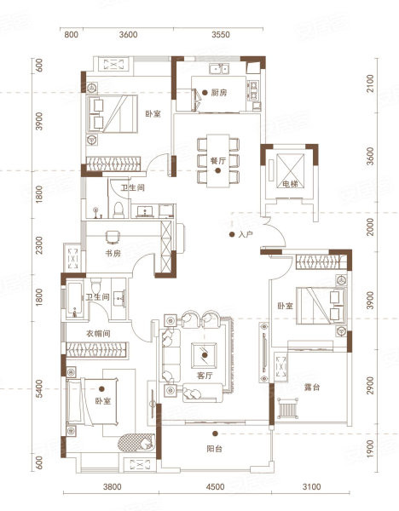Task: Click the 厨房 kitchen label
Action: [x=218, y=93]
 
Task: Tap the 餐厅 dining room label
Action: [x=218, y=161]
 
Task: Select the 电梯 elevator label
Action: [x=291, y=184]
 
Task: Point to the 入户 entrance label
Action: [x=246, y=234]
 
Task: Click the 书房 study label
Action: [x=113, y=253]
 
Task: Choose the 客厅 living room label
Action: [x=205, y=376]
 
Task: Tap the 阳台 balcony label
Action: [x=214, y=449]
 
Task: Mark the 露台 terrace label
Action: [x=312, y=388]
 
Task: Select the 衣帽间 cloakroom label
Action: [x=98, y=333]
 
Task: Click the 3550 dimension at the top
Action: [x=221, y=34]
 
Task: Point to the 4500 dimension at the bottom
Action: [x=216, y=487]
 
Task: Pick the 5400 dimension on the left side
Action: [x=39, y=388]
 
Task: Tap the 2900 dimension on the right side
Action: [x=370, y=386]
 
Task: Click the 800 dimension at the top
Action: [x=71, y=34]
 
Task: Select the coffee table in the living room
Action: [x=204, y=355]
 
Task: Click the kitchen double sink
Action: [x=219, y=69]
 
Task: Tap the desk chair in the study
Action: [x=113, y=237]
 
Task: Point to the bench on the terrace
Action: [x=287, y=408]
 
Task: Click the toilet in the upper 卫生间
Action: [x=119, y=210]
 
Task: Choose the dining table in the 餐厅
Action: [x=217, y=161]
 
